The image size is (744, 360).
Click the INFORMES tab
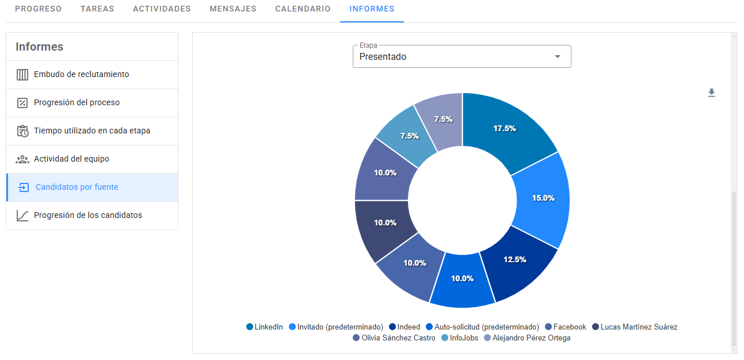[x=372, y=9]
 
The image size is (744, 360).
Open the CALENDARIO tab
[x=303, y=9]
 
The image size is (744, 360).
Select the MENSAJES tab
[x=233, y=9]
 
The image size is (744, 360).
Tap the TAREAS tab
[x=97, y=9]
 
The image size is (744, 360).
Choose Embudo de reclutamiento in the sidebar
[x=81, y=75]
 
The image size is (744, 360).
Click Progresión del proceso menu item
[x=77, y=103]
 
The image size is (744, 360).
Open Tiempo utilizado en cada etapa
[x=91, y=131]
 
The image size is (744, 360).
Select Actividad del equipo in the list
[x=71, y=159]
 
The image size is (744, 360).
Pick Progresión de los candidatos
[x=87, y=216]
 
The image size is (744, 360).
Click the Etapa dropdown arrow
[x=557, y=57]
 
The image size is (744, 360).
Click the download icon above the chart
[x=711, y=93]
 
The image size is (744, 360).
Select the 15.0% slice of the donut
[x=542, y=198]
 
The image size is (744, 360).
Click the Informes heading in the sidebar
[x=40, y=47]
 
